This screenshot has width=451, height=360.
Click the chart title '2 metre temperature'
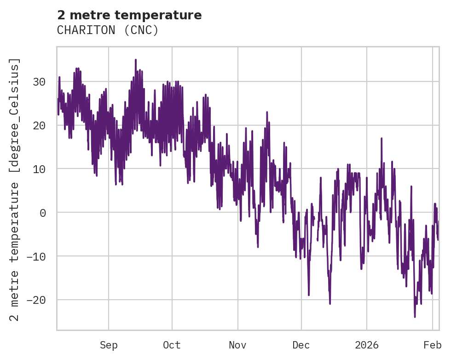[x=129, y=15]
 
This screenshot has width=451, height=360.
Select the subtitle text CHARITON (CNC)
[x=108, y=30]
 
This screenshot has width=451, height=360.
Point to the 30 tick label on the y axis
[x=39, y=82]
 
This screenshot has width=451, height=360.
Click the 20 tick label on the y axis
[x=39, y=125]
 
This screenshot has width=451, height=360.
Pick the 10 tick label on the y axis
[x=39, y=169]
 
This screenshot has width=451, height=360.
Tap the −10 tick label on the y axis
[x=36, y=256]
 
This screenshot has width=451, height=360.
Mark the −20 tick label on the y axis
[x=36, y=300]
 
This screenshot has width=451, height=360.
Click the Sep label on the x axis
[x=109, y=345]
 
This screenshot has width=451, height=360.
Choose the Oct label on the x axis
[x=172, y=345]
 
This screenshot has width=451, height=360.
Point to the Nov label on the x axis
[x=238, y=345]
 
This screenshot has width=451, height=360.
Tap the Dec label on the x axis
[x=301, y=345]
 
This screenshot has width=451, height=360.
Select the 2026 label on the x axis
[x=367, y=345]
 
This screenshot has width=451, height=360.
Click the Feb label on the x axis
[x=433, y=345]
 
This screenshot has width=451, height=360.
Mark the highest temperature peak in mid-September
[x=136, y=60]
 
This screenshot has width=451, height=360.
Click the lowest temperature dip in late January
[x=415, y=317]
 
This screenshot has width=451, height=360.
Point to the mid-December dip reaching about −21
[x=330, y=303]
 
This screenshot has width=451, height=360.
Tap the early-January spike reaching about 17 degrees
[x=382, y=138]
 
